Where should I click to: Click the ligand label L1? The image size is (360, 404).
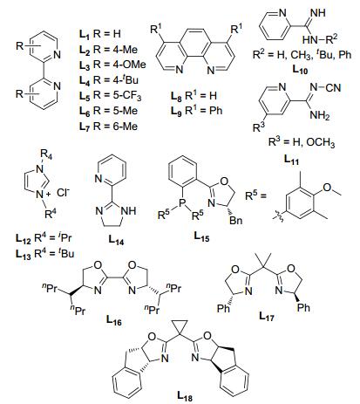click(x=85, y=34)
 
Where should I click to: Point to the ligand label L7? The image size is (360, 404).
click(x=85, y=127)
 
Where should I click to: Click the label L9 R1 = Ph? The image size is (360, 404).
click(x=197, y=111)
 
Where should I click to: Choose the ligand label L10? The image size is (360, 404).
click(x=300, y=69)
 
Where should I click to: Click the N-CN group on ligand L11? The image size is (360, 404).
click(x=325, y=87)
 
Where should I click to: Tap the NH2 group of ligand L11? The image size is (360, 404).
click(x=320, y=116)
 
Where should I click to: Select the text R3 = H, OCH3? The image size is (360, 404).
click(x=302, y=142)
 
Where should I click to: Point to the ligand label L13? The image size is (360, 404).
click(x=24, y=254)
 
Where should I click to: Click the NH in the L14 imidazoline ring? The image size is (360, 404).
click(x=128, y=210)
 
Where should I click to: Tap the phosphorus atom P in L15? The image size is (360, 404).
click(x=181, y=202)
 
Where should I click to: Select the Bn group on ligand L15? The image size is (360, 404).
click(x=235, y=220)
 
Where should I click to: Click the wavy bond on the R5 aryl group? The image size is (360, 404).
click(x=275, y=216)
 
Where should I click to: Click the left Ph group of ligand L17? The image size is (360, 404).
click(x=223, y=308)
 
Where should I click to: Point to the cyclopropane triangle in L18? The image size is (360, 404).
click(x=180, y=328)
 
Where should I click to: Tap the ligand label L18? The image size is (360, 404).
click(x=185, y=396)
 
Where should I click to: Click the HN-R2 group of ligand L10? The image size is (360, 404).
click(x=320, y=39)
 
